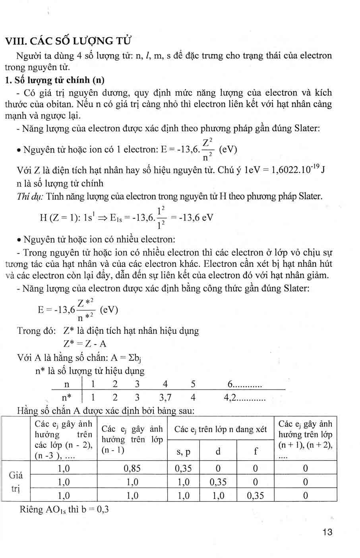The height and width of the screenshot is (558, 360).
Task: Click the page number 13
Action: pyautogui.click(x=327, y=532)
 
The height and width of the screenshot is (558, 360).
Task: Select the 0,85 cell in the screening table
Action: pyautogui.click(x=132, y=469)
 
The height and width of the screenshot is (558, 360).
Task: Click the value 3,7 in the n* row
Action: pyautogui.click(x=165, y=397)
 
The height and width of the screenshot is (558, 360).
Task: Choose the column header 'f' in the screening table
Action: pyautogui.click(x=255, y=451)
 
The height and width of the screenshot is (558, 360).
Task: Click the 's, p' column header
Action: pyautogui.click(x=183, y=451)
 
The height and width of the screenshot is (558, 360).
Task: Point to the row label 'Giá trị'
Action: pyautogui.click(x=16, y=481)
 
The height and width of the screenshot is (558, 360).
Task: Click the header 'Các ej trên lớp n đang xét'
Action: pyautogui.click(x=221, y=429)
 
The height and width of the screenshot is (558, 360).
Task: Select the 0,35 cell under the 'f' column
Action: pyautogui.click(x=255, y=496)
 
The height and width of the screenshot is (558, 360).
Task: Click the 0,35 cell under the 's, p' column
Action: pyautogui.click(x=183, y=469)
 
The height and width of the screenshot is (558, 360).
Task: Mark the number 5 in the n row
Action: pyautogui.click(x=193, y=384)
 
